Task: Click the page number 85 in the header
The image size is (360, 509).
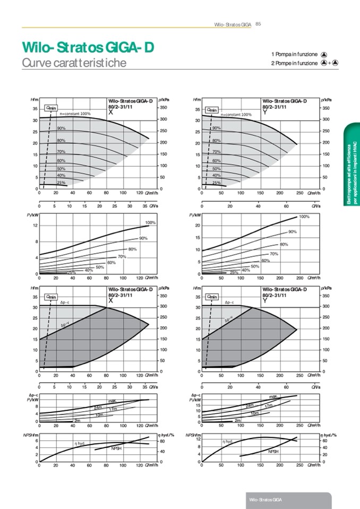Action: point(258,23)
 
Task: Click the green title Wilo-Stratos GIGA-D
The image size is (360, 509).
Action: point(88,48)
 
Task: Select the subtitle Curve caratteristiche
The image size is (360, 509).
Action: point(74,63)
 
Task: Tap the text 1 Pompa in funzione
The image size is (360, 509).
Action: point(294,54)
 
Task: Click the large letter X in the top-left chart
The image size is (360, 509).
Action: point(110,113)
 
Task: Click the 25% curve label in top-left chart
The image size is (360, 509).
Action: point(61,183)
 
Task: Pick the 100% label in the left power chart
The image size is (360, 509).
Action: point(150,223)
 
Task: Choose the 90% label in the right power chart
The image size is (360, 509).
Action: point(292,232)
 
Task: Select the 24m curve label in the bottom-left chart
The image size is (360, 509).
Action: point(98,408)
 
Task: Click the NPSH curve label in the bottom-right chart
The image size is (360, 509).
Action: point(273,451)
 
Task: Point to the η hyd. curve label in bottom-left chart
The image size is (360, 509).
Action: point(80,443)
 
